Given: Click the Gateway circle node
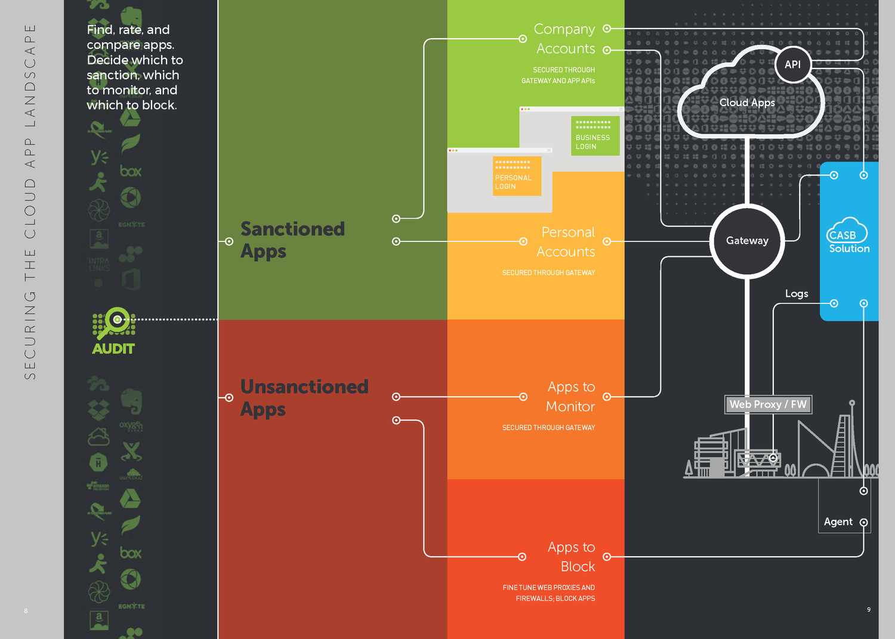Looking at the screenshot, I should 747,241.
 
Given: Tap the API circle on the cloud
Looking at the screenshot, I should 792,64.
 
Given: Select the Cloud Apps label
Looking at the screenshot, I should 747,103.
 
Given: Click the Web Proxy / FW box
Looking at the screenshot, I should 767,404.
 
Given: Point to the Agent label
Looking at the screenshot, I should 838,522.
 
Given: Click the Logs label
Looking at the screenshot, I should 797,293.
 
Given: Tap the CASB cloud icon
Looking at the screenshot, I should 846,230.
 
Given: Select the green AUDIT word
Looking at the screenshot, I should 113,349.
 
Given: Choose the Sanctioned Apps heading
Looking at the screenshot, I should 292,240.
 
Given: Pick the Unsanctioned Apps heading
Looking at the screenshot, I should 304,398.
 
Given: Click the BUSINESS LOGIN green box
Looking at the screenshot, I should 595,136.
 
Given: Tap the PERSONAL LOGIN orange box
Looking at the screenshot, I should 517,176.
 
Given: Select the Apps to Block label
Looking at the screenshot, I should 571,556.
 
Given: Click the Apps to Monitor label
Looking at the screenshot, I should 570,396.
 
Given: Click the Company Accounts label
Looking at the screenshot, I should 564,39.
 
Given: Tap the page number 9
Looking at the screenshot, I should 869,609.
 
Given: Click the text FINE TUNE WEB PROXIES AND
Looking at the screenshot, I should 548,587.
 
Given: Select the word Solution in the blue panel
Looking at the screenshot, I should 849,249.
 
